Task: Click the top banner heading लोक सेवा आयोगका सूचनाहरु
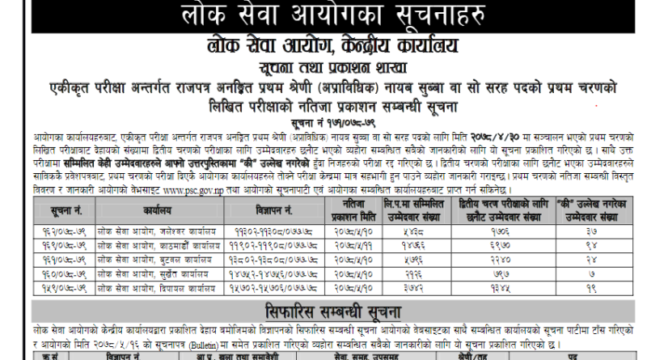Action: [x=324, y=15]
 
